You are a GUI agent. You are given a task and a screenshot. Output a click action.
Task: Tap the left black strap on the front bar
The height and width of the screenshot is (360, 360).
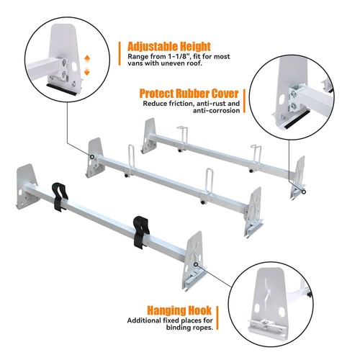(x=57, y=197)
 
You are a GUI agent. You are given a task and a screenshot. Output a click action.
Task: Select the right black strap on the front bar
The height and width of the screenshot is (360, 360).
(x=138, y=230)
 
